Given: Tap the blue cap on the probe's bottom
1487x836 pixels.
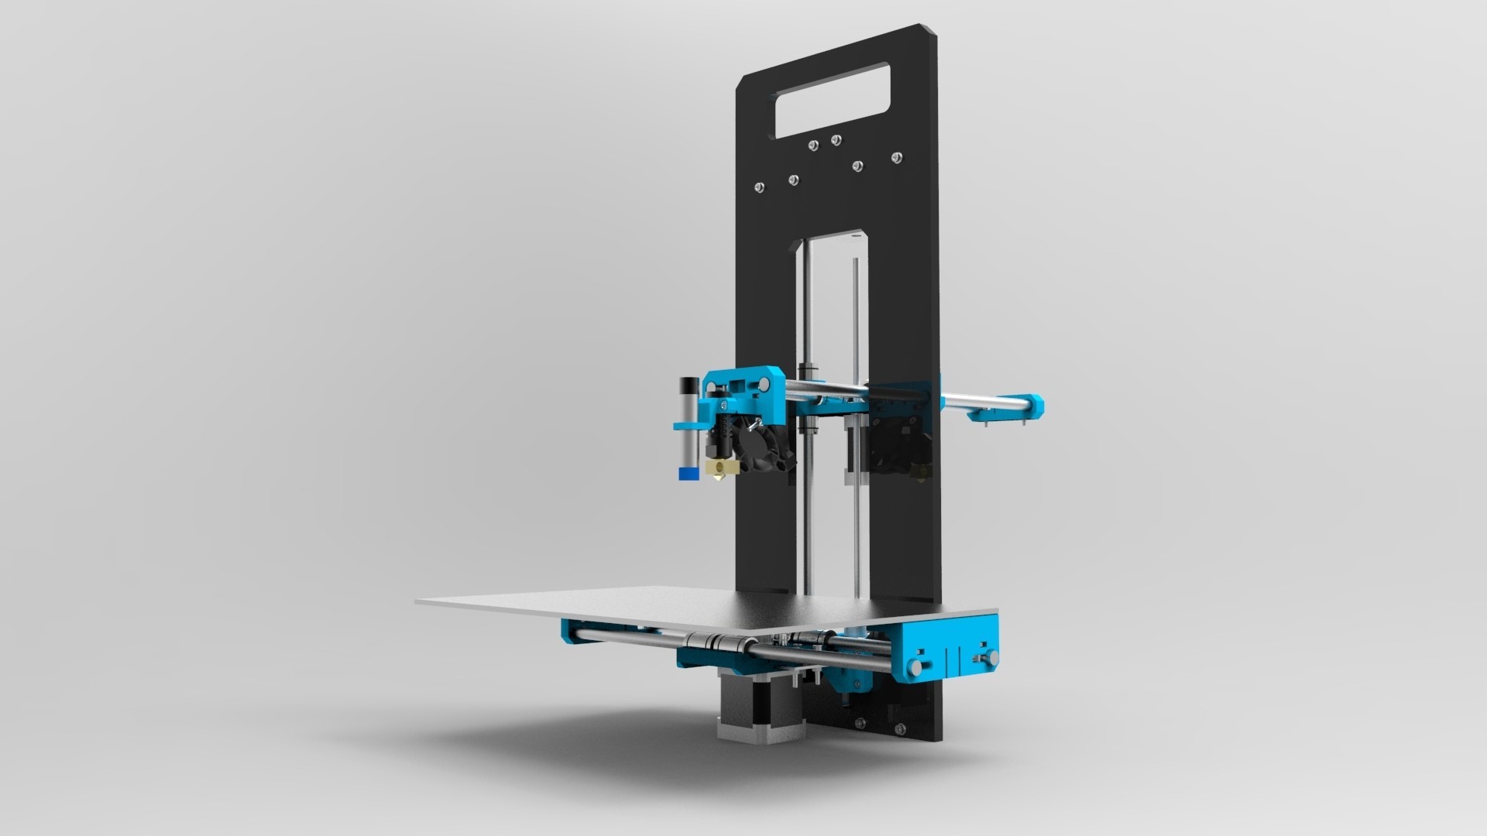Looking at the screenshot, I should [x=686, y=474].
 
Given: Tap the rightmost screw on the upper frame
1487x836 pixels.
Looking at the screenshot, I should [x=896, y=158].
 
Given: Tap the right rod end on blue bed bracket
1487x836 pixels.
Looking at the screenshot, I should [x=988, y=657].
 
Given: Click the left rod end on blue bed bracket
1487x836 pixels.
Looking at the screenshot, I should [x=917, y=666].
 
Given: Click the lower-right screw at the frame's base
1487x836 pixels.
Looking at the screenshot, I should [x=899, y=729].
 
